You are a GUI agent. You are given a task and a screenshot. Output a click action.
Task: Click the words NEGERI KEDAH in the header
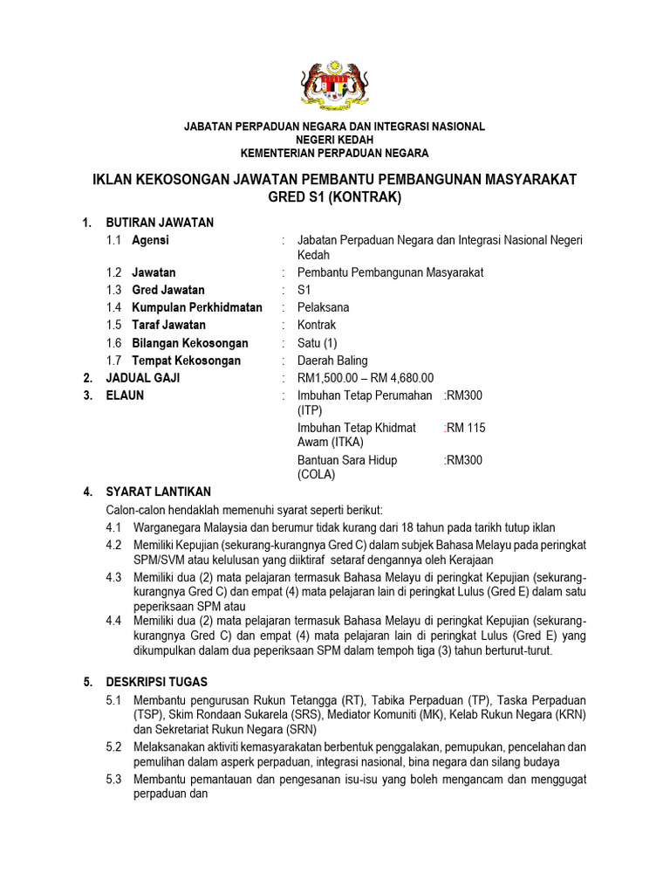pyautogui.click(x=334, y=140)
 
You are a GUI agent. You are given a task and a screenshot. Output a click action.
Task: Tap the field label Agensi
pyautogui.click(x=150, y=240)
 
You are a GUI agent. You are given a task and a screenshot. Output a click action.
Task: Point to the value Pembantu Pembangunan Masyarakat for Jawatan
pyautogui.click(x=390, y=272)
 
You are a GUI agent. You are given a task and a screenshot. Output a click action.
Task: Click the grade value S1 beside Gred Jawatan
pyautogui.click(x=304, y=290)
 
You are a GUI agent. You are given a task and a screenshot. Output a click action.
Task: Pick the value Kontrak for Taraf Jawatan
pyautogui.click(x=316, y=325)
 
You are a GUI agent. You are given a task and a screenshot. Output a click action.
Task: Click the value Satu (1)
pyautogui.click(x=317, y=343)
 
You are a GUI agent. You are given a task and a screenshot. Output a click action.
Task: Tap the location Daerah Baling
pyautogui.click(x=332, y=361)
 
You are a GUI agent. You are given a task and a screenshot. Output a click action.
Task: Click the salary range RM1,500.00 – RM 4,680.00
pyautogui.click(x=366, y=378)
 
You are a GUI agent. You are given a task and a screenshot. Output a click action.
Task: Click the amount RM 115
pyautogui.click(x=466, y=428)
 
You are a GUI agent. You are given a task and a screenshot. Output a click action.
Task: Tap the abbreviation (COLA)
pyautogui.click(x=317, y=475)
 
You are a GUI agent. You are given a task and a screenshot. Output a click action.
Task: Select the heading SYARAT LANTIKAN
pyautogui.click(x=158, y=492)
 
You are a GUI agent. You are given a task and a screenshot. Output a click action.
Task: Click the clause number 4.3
pyautogui.click(x=113, y=577)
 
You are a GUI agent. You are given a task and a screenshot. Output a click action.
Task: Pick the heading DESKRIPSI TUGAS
pyautogui.click(x=157, y=682)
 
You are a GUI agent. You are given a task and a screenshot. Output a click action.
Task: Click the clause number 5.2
pyautogui.click(x=113, y=747)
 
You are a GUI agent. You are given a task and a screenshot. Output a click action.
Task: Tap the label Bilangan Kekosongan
pyautogui.click(x=190, y=343)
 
